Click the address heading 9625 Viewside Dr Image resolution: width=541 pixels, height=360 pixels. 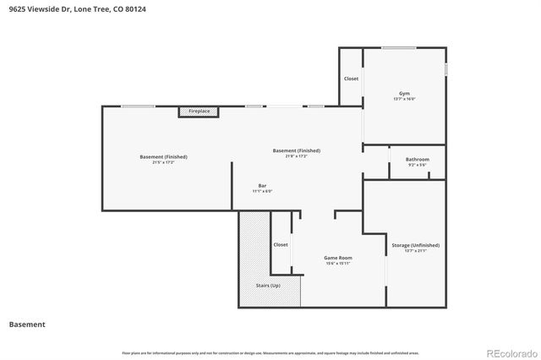[71, 8]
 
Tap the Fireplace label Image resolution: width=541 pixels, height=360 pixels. [199, 111]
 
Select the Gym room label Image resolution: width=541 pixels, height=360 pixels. [404, 93]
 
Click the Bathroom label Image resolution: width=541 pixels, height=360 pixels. [417, 159]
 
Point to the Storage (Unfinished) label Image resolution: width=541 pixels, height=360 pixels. [416, 245]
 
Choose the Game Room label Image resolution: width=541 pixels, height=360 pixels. [338, 258]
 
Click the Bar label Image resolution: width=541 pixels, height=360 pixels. [262, 185]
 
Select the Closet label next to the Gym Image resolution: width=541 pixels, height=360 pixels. [351, 79]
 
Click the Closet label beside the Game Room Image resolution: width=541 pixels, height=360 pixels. [281, 245]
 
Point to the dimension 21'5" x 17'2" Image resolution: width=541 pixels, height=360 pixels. [163, 162]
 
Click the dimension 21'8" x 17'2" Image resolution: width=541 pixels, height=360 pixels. [296, 156]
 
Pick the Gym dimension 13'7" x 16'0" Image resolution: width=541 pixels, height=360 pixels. [404, 99]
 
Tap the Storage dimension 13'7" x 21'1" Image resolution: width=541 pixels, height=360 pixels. [416, 251]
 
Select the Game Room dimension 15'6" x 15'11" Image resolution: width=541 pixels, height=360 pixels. [338, 264]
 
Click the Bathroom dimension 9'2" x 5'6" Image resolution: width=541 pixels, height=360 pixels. [417, 165]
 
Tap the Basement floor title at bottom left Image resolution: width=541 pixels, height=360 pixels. [27, 324]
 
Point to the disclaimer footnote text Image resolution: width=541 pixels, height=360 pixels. [270, 352]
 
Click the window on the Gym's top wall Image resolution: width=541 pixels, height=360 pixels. [397, 48]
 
